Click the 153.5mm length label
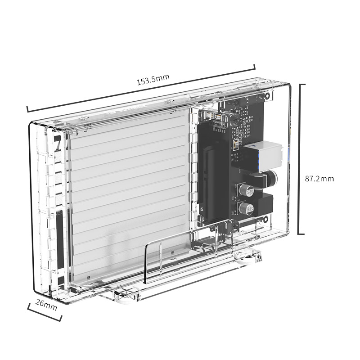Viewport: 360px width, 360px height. (153, 80)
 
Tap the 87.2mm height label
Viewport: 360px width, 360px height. (319, 178)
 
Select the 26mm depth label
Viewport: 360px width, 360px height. (46, 305)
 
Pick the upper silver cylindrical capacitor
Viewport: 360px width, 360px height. (247, 189)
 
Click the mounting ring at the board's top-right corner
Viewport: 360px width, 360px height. (267, 96)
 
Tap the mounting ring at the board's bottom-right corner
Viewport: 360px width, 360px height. (265, 219)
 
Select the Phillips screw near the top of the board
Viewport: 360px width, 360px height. (234, 119)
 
